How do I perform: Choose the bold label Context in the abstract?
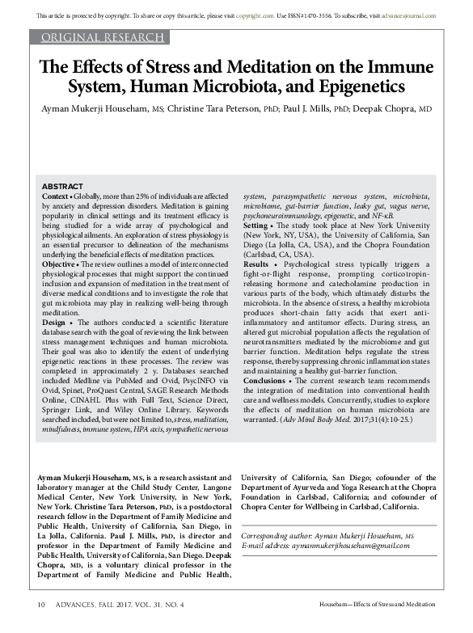(55, 196)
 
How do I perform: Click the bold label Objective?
(59, 264)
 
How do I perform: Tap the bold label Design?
(54, 323)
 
